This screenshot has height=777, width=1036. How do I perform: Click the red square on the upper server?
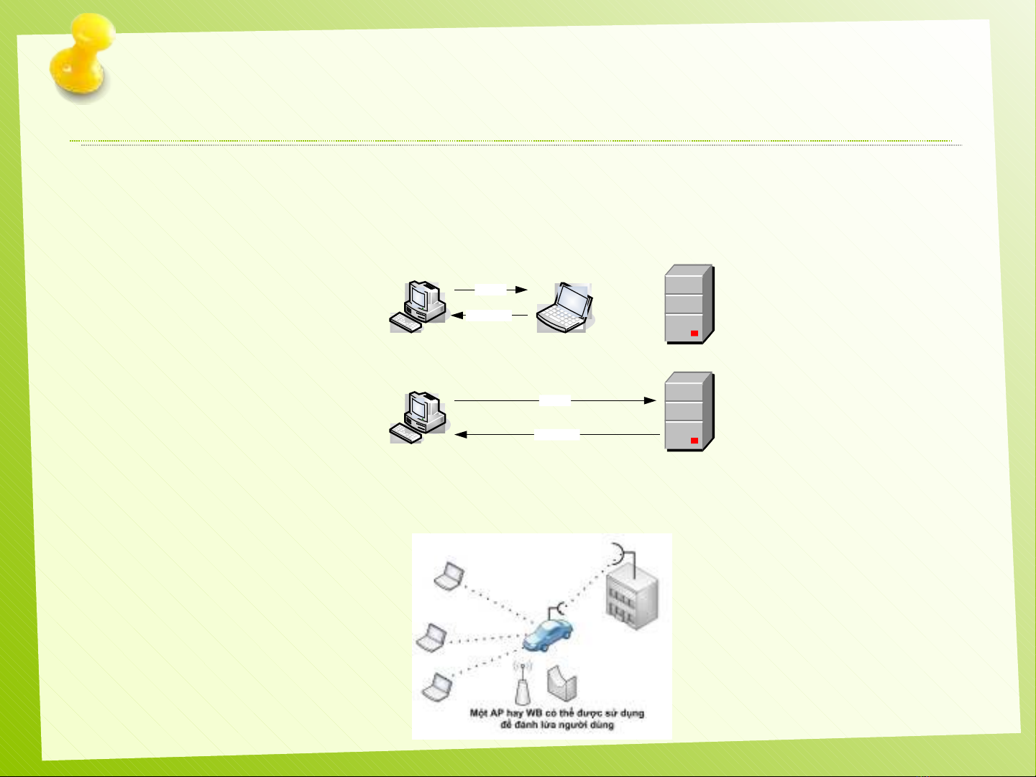coord(695,334)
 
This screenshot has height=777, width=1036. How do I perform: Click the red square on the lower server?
coord(695,440)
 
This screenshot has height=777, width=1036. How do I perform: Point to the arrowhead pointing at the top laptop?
coord(523,290)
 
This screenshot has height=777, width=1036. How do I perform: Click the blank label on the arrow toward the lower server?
coord(555,400)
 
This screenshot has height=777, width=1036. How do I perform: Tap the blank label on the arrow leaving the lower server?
coord(557,434)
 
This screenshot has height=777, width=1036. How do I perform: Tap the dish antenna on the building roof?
coord(618,553)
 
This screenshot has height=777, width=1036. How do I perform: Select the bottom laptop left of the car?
coord(436,686)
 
